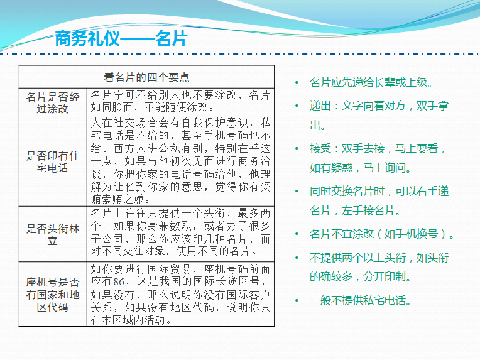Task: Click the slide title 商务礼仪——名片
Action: tap(121, 39)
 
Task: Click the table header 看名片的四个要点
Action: tap(146, 77)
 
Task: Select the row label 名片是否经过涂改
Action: tap(53, 102)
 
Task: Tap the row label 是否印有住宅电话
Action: tap(53, 161)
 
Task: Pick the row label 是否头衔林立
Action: tap(53, 234)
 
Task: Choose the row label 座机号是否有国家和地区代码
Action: tap(53, 295)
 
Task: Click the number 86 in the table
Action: tap(119, 281)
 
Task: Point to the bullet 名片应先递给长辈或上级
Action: tap(371, 82)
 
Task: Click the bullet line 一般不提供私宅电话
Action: tap(360, 300)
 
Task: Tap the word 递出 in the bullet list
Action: tap(320, 106)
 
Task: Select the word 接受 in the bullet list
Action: tap(320, 148)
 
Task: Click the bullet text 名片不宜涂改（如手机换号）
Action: tap(381, 234)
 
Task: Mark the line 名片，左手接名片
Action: tap(355, 210)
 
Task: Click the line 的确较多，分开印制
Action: tap(360, 276)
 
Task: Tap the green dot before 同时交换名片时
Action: tap(297, 192)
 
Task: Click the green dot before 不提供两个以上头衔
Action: tap(297, 258)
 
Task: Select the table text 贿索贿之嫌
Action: tap(120, 200)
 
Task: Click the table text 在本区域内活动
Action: tap(131, 320)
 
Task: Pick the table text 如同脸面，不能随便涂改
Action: tap(153, 107)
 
